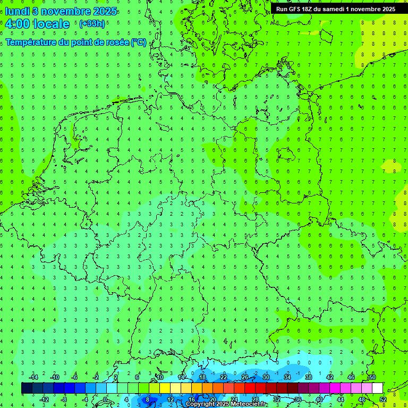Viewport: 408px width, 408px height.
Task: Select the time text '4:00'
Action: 18,24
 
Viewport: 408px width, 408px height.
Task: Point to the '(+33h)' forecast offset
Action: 92,24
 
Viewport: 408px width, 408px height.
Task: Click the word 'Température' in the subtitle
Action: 30,42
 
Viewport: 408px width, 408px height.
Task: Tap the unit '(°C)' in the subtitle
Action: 139,42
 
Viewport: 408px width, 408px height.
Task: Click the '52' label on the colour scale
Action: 383,399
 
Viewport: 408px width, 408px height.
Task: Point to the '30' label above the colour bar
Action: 266,377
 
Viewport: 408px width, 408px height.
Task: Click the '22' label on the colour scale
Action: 224,377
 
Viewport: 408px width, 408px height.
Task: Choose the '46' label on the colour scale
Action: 351,377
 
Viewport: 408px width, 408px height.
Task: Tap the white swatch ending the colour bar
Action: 377,388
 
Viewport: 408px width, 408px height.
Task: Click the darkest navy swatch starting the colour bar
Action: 27,388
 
